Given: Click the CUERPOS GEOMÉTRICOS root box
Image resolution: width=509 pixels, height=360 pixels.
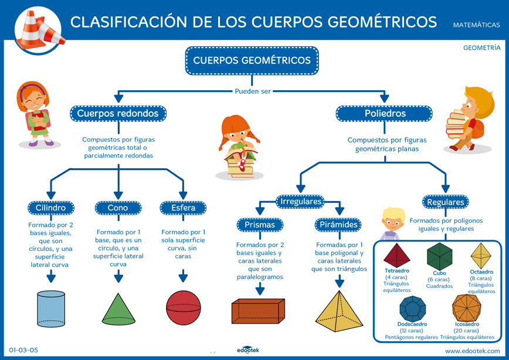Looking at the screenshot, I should coord(252,60).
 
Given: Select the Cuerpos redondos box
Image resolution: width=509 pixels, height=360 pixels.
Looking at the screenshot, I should coord(118,113).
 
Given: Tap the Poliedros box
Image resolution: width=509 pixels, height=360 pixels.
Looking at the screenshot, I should coord(385,113).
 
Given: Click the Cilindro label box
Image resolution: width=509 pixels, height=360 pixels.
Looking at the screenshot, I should coord(51,208).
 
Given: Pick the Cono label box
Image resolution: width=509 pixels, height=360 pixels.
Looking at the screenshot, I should coord(117,208).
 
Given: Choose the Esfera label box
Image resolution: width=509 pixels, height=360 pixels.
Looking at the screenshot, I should coord(184,208).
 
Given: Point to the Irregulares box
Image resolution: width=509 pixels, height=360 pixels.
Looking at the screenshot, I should coord(300,202).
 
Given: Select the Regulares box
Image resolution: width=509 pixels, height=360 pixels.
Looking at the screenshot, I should coord(445,202).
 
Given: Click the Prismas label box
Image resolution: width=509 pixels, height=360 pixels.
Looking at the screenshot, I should coord(260,225).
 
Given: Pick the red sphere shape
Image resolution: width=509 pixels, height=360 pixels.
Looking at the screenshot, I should coord(184,307).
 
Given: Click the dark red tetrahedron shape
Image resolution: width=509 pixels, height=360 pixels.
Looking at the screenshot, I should coord(397,254).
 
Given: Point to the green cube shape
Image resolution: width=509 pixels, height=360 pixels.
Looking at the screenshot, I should coord(439,256).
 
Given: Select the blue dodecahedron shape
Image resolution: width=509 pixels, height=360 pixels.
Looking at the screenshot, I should coord(412,308).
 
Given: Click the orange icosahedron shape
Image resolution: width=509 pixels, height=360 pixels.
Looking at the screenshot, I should coord(467,308).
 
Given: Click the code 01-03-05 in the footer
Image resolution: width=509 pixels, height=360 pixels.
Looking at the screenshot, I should coord(23,350).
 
